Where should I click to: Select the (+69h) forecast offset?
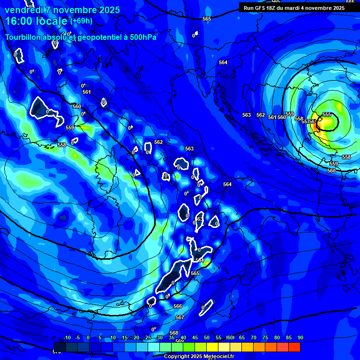click(x=81, y=21)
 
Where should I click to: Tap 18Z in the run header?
click(x=273, y=7)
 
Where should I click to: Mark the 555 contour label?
click(x=327, y=114)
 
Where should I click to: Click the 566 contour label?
click(x=178, y=306)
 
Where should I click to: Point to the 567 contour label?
click(x=180, y=317)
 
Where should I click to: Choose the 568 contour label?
click(x=174, y=333)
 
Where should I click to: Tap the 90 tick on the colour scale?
click(x=300, y=338)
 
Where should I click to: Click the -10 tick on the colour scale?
click(x=67, y=338)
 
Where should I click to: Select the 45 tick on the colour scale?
click(x=195, y=338)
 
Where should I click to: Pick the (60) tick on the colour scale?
click(x=230, y=338)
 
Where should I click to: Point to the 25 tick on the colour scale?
click(x=148, y=338)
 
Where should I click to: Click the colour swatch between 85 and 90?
click(x=294, y=347)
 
